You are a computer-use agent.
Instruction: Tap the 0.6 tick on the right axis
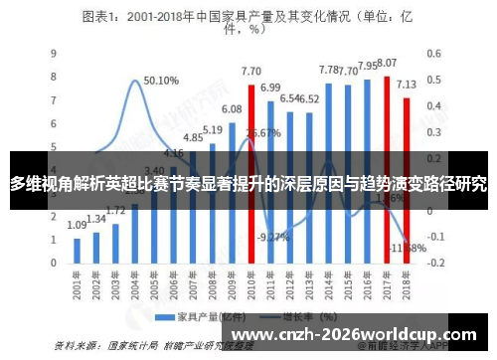coord(434,53)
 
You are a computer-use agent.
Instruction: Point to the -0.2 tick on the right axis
coord(434,266)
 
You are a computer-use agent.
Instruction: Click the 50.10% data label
coord(161,81)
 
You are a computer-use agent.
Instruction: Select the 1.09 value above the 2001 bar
coord(78,226)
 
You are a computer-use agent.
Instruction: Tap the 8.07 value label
coord(388,63)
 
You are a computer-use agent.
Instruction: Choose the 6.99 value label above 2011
coord(270,88)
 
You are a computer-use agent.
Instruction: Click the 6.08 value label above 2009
coord(232,109)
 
